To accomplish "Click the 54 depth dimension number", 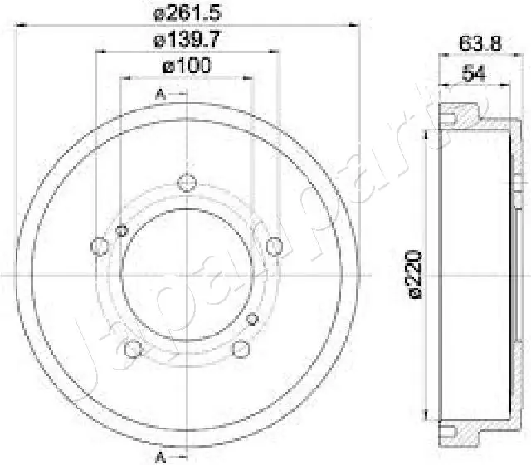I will pos(473,74).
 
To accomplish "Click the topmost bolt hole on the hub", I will pos(188,183).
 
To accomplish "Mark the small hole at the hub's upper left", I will pos(122,230).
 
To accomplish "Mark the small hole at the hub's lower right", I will pos(254,319).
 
